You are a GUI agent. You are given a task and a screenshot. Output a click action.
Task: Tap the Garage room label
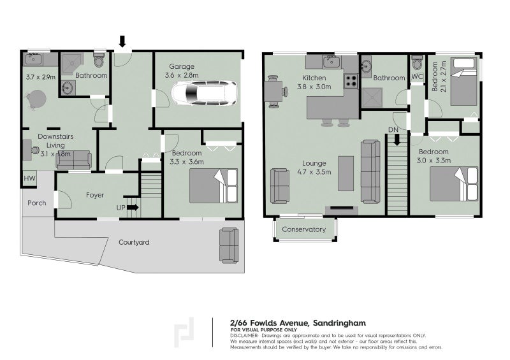point(182,66)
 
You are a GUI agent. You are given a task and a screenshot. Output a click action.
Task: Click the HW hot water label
point(29,179)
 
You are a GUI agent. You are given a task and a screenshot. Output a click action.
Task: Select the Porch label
point(36,203)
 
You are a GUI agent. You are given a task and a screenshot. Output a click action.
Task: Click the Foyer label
point(94,195)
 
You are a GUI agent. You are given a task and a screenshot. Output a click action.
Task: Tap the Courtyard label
point(134,242)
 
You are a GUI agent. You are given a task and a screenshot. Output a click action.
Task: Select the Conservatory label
point(304,229)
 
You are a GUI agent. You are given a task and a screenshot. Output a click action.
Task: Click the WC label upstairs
point(418,77)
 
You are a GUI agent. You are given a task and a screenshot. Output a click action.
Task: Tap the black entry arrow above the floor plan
point(122,41)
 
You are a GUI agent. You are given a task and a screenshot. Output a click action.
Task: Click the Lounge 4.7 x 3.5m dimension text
point(314,171)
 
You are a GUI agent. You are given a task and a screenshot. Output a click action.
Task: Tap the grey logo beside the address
point(185,332)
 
